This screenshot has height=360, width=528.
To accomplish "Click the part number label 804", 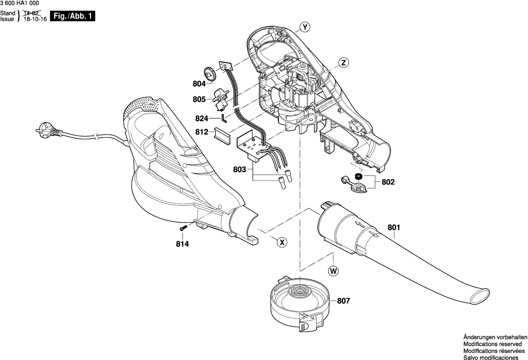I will tap(199, 84).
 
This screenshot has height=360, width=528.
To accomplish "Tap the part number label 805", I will tap(199, 99).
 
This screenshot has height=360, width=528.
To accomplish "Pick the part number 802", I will tap(388, 182).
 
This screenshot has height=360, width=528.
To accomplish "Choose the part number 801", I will tap(394, 227).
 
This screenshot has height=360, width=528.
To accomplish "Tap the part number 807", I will tap(343, 300).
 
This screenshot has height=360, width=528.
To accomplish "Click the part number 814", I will tap(183, 243).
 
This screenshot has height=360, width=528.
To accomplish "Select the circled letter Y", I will tap(305, 28).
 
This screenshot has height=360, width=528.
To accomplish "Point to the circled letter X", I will tap(282, 242).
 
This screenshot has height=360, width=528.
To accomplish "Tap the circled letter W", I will tap(334, 270).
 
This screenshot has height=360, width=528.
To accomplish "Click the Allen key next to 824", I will tap(224, 117).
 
